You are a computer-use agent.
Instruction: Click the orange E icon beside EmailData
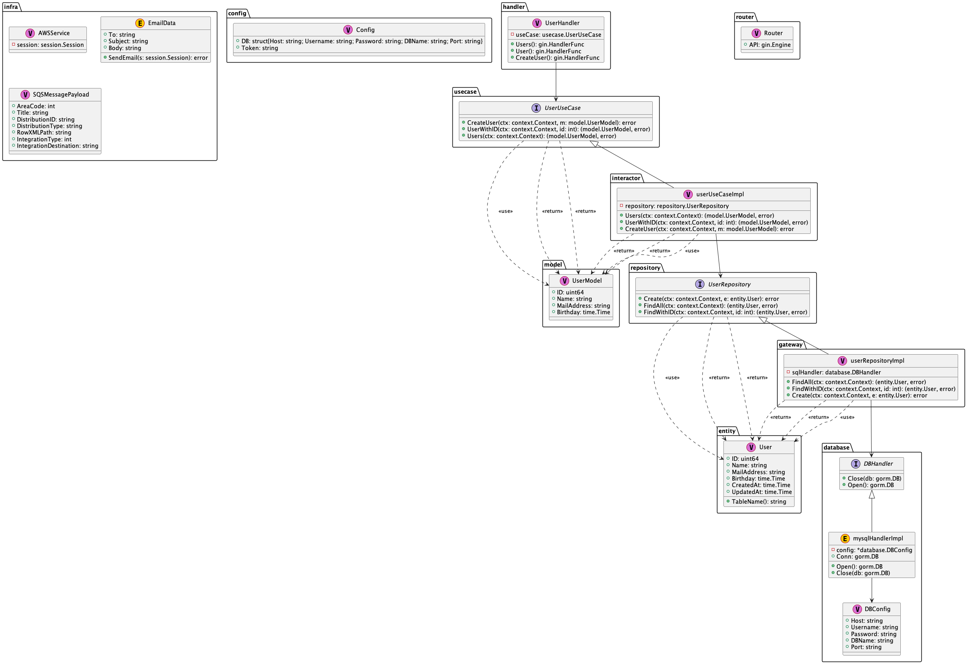click(x=140, y=23)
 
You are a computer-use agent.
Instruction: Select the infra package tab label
click(x=11, y=6)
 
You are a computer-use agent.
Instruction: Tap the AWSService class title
click(x=54, y=33)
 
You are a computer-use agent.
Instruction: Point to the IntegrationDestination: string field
click(x=57, y=146)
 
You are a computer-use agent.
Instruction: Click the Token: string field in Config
click(x=260, y=48)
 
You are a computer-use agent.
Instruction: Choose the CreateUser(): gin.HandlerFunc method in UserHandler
click(x=557, y=58)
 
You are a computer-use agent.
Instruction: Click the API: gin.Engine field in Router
click(x=770, y=45)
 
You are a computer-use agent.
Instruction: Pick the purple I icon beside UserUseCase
click(x=536, y=108)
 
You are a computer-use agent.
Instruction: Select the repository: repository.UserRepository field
click(x=677, y=206)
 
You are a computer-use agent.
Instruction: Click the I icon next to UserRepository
click(x=700, y=284)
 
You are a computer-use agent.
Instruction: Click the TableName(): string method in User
click(x=759, y=502)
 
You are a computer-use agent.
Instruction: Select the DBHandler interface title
click(x=878, y=464)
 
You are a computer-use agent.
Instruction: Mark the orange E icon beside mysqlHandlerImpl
click(x=845, y=539)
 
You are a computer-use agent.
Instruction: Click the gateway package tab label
click(x=790, y=345)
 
